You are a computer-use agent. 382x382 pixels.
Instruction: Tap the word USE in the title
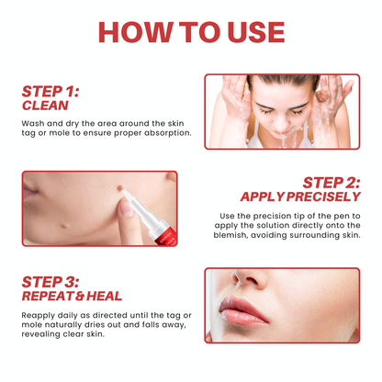click(x=246, y=32)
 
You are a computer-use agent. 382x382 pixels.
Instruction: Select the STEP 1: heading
click(x=51, y=92)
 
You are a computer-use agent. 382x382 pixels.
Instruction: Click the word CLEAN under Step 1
click(x=46, y=105)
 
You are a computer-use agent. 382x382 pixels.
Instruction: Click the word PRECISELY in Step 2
click(x=324, y=197)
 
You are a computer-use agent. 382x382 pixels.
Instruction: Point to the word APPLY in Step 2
click(x=263, y=197)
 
